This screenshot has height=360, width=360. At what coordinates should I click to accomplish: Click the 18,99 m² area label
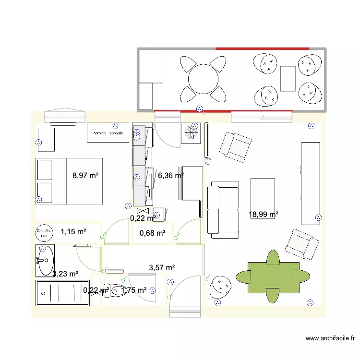(264, 215)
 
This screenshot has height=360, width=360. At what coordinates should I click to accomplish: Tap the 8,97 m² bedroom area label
(85, 176)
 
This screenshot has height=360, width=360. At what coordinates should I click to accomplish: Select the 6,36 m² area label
(171, 176)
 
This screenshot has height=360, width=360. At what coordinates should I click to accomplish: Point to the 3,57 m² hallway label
(162, 267)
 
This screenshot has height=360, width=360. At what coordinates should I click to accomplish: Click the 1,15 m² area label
(73, 232)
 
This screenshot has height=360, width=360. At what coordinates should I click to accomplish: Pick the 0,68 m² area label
(152, 233)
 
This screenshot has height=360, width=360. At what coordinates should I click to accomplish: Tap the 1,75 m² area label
(134, 290)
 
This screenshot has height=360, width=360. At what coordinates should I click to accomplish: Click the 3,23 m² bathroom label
(65, 274)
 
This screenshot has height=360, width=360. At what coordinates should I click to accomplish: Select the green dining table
(273, 277)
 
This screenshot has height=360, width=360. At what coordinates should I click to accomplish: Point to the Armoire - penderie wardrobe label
(108, 133)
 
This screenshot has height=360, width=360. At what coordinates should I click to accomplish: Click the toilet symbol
(117, 290)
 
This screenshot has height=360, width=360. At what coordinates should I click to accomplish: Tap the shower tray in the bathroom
(62, 293)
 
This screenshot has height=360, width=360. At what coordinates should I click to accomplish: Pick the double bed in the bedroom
(69, 181)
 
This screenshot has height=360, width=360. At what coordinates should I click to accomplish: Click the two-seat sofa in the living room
(223, 209)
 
